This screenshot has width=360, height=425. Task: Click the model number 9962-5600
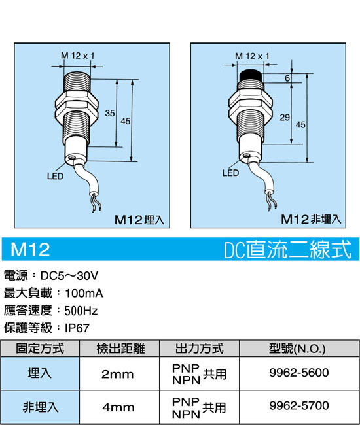click(299, 373)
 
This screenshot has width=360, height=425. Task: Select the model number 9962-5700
click(299, 406)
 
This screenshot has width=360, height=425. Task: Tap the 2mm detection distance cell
click(117, 374)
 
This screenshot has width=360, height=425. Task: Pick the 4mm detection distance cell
click(118, 407)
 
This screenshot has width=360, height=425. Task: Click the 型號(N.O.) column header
click(297, 348)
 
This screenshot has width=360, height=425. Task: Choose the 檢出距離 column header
click(120, 348)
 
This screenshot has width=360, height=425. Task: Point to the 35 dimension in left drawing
click(110, 113)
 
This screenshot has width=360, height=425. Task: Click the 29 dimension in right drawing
click(285, 117)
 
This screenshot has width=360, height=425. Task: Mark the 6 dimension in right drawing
click(287, 78)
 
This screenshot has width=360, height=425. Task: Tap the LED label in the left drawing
click(55, 176)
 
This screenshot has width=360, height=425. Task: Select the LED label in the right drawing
click(230, 173)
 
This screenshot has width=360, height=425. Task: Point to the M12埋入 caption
click(139, 220)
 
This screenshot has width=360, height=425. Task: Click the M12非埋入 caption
click(311, 219)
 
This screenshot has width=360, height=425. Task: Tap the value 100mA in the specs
click(84, 294)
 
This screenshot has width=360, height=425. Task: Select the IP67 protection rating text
click(77, 328)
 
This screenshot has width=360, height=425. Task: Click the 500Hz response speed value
click(81, 311)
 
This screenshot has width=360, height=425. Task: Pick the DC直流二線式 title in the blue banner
click(288, 249)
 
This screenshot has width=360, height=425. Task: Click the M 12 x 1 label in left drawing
click(78, 56)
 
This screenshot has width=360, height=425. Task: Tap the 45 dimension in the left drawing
click(125, 121)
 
